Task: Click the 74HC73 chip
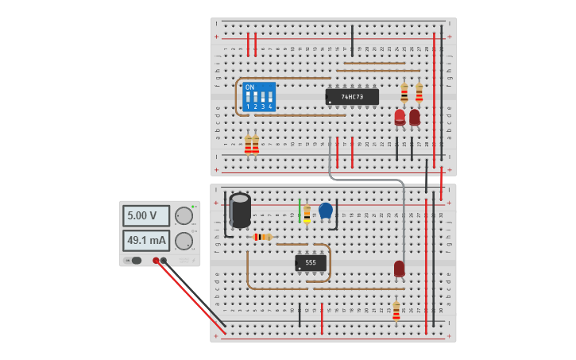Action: [352, 97]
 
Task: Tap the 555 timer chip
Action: [311, 262]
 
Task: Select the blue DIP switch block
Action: [259, 97]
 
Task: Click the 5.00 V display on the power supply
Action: [145, 215]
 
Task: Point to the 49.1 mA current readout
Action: [145, 240]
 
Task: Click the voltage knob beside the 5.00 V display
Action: [184, 216]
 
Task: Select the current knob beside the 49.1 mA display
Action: [184, 241]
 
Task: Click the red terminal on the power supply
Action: [156, 261]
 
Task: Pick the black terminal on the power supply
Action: [164, 261]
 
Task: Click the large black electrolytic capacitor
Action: [240, 211]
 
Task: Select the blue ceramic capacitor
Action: [325, 210]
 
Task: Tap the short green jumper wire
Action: [300, 211]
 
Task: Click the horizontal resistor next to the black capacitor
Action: [261, 237]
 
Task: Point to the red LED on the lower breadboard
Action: [399, 269]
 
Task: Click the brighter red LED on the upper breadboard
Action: [400, 118]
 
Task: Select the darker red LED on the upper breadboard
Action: [414, 118]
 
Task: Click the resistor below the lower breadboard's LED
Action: [396, 311]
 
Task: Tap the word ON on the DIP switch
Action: [249, 87]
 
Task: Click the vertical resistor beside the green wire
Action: [307, 214]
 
